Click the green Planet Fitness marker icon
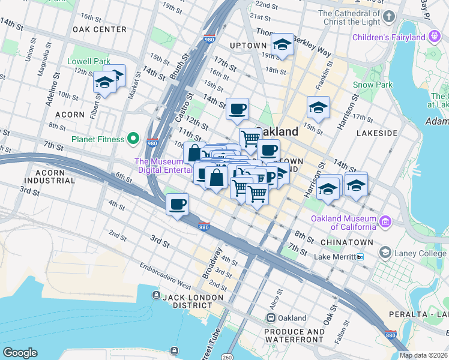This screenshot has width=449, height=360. (x=133, y=139)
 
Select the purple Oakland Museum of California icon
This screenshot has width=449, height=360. (x=384, y=222)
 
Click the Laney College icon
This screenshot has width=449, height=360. (x=385, y=253)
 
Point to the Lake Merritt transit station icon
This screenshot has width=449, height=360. (x=360, y=257)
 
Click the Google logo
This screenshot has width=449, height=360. (x=20, y=352)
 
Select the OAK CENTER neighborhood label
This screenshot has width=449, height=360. (x=99, y=29)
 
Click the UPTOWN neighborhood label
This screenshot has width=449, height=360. (x=247, y=45)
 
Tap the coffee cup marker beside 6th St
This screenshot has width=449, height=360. (x=177, y=205)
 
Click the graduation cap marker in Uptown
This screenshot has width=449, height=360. (x=282, y=44)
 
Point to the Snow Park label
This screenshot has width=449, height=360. (x=372, y=85)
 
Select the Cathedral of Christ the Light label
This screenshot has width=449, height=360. (x=351, y=17)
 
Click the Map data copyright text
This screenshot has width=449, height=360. (x=424, y=355)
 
